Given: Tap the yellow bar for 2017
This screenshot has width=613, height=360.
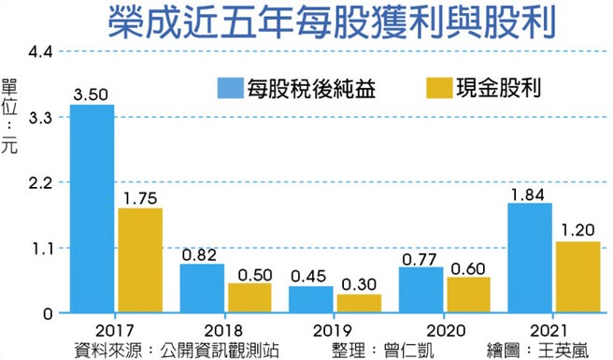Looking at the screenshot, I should (x=140, y=260).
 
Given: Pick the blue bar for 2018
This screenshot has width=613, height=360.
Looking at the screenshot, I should (x=202, y=288).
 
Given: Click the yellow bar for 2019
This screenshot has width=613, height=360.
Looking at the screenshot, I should (x=359, y=303).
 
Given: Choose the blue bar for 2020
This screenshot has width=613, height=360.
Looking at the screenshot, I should (x=421, y=290).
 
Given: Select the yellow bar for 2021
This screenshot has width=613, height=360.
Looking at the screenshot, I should (x=577, y=277).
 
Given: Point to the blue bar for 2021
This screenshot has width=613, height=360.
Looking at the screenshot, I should (x=529, y=258).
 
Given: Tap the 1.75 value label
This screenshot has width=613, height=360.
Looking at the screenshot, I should (x=140, y=197).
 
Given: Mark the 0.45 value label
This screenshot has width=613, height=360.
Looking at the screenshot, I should (x=310, y=276).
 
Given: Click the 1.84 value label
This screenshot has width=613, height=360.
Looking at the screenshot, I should (x=529, y=194).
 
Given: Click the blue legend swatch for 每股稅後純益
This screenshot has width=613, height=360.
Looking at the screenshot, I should (x=228, y=90).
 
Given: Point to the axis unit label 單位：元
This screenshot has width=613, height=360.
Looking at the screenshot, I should (x=10, y=116).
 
